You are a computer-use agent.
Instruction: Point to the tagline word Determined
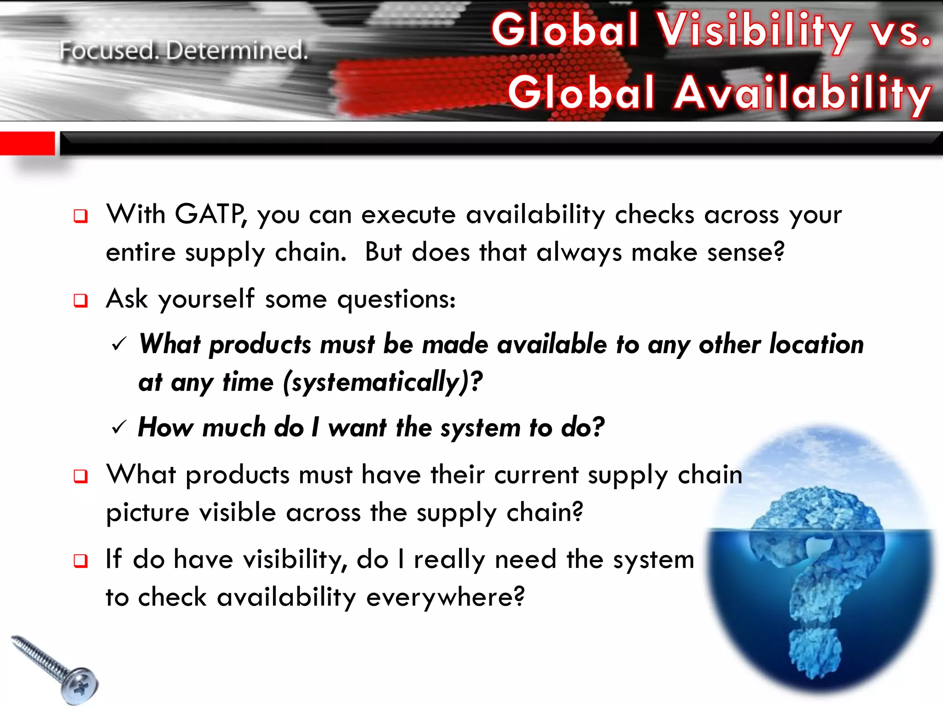[237, 51]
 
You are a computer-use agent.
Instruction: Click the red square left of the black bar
[27, 143]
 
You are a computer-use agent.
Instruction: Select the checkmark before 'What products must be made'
[119, 344]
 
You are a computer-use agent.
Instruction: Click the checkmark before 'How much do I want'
[119, 428]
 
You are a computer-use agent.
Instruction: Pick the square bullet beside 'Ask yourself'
[81, 301]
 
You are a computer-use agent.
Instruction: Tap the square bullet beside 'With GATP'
[81, 216]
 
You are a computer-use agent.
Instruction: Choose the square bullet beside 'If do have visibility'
[81, 561]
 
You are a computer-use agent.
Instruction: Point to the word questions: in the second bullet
[396, 300]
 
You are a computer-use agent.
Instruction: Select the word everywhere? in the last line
[445, 597]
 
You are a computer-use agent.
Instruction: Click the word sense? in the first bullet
[745, 252]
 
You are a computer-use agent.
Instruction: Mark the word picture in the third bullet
[147, 513]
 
